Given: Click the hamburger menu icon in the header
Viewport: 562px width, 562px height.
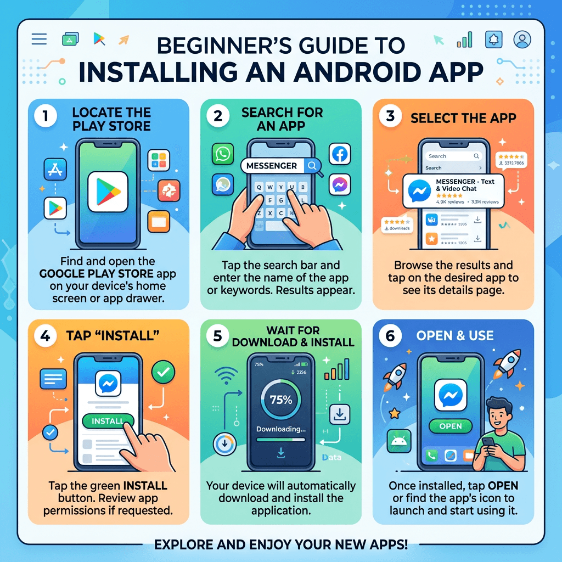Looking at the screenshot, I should pos(40,39).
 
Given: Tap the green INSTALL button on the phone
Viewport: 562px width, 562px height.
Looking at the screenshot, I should pos(107,421).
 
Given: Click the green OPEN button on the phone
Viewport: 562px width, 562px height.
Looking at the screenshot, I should pos(451,426).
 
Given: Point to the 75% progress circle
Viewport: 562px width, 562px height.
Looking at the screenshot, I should pos(281,400).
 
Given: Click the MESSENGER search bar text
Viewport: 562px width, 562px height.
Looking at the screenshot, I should pos(272,166).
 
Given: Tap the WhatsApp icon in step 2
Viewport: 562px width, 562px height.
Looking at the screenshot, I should pos(222,154).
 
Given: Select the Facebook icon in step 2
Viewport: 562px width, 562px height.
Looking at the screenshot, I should pos(340,154).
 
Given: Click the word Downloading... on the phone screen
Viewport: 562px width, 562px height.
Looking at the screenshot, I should pos(281,430).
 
